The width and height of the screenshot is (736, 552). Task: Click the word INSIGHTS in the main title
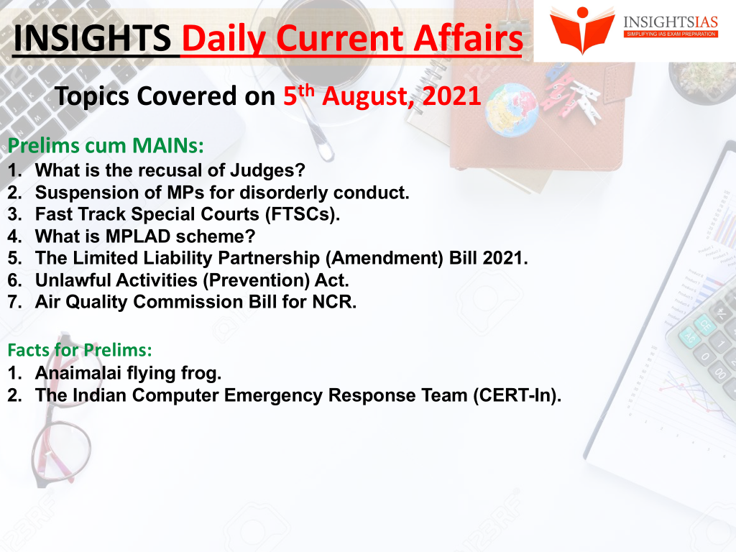click(x=93, y=38)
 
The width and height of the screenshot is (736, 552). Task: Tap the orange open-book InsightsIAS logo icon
click(x=582, y=29)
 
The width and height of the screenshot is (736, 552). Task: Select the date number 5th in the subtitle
click(x=298, y=95)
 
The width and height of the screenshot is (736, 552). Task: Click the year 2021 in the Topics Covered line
click(x=451, y=96)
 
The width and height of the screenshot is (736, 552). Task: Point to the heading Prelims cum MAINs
click(x=106, y=145)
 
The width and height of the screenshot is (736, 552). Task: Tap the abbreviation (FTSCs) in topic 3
click(x=303, y=214)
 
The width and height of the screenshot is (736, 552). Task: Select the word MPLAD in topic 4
click(x=138, y=236)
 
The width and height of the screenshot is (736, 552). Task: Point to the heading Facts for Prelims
click(x=80, y=350)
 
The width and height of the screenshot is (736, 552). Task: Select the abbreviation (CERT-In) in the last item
click(x=517, y=395)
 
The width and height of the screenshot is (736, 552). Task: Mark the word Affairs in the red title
click(x=469, y=38)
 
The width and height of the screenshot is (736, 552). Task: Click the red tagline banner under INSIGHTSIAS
click(x=671, y=34)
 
